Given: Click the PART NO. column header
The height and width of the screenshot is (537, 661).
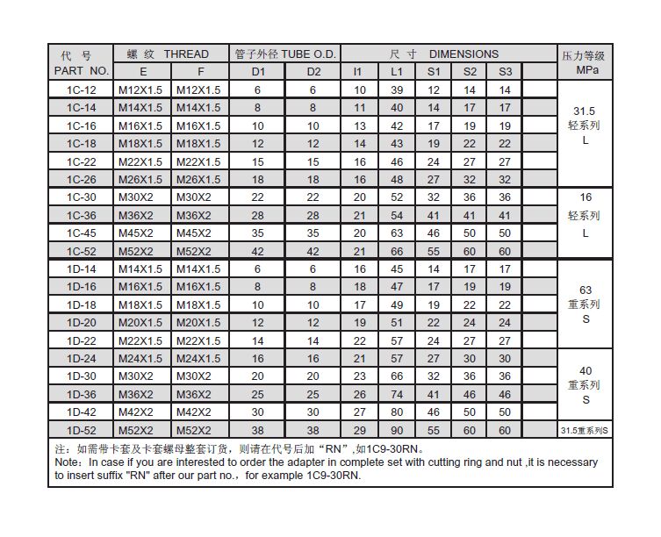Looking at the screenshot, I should click(x=82, y=70).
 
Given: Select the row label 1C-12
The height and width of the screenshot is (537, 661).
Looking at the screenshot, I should click(x=82, y=89).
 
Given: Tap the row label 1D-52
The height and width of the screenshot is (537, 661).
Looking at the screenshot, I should click(x=82, y=430).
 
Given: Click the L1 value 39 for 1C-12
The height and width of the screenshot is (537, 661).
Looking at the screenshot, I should click(x=397, y=89).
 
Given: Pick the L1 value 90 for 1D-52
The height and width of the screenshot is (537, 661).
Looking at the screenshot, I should click(x=397, y=430).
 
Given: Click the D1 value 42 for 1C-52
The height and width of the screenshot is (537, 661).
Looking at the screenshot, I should click(x=257, y=251).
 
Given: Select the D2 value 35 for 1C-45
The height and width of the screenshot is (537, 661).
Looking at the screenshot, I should click(x=314, y=233).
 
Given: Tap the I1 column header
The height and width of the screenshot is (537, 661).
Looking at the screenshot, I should click(x=358, y=70).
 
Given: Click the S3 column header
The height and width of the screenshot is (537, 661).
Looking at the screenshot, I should click(x=504, y=70).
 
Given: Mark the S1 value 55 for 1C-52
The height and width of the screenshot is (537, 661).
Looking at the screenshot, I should click(x=434, y=251).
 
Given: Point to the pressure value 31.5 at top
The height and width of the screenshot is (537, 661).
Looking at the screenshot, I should click(x=585, y=111).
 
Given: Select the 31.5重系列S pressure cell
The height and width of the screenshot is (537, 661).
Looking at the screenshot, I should click(x=585, y=430).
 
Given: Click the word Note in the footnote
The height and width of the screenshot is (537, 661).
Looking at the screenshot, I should click(x=68, y=461).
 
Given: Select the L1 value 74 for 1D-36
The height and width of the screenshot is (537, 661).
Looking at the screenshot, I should click(x=397, y=394).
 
